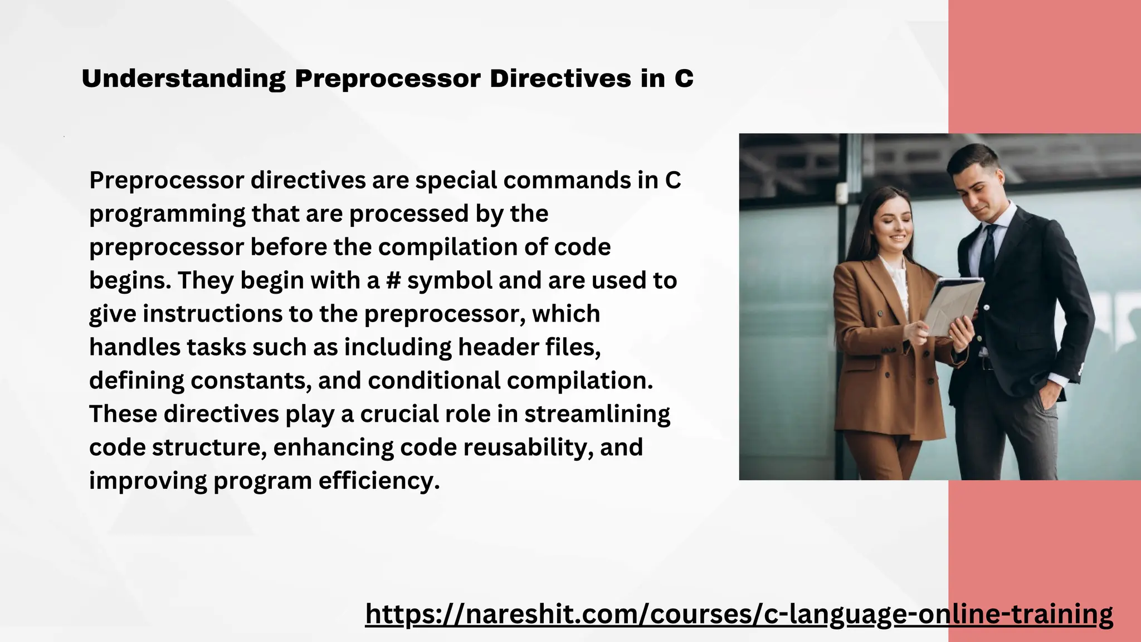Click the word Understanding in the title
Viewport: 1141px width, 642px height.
[x=183, y=79]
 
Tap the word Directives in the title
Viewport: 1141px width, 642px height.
[x=560, y=79]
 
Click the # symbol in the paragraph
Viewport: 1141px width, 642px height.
[x=393, y=280]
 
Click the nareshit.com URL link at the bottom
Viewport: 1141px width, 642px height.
[x=739, y=614]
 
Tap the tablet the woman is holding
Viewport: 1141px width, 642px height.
[x=954, y=307]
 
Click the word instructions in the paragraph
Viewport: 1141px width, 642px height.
[x=212, y=314]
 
